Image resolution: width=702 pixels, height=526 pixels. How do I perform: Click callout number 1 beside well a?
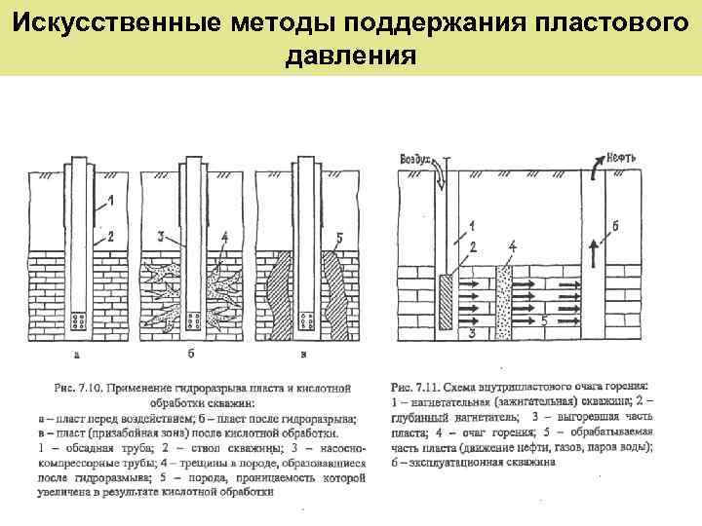(x=111, y=202)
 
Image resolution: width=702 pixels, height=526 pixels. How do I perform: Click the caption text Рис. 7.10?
(x=77, y=389)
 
